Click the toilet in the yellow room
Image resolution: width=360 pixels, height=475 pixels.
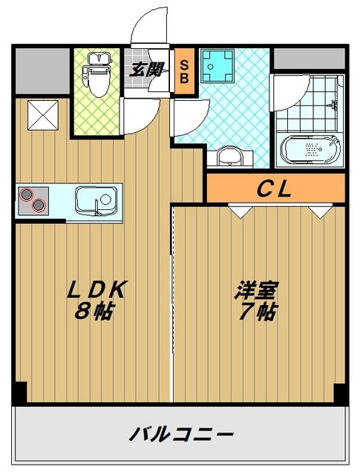coord(97,75)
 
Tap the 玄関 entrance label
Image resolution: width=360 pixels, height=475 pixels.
coord(147,70)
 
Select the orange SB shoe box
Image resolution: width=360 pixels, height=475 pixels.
coord(184,71)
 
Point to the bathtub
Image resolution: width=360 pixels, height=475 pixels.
coord(310,149)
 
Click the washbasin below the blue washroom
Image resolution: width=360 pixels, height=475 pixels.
coord(230,157)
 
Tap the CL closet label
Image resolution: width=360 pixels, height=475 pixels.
coord(275,189)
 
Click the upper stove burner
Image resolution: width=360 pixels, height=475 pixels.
coord(26,194)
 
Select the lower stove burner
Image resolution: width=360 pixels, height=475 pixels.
coord(39,205)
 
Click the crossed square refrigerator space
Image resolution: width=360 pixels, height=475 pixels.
coord(43,115)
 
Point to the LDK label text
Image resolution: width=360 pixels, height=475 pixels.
coord(96,290)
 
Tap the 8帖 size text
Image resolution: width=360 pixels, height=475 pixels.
coord(94,311)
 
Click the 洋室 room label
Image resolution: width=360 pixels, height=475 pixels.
coord(256,290)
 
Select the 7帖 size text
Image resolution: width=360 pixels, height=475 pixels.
coord(258,312)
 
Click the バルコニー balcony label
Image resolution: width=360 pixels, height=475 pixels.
coord(181,434)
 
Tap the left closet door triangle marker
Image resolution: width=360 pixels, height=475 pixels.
coord(240,212)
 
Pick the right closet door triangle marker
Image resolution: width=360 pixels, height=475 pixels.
coord(321,212)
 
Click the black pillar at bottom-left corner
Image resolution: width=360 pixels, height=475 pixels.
coord(20,392)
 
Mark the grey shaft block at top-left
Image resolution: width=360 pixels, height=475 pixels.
coord(42,71)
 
